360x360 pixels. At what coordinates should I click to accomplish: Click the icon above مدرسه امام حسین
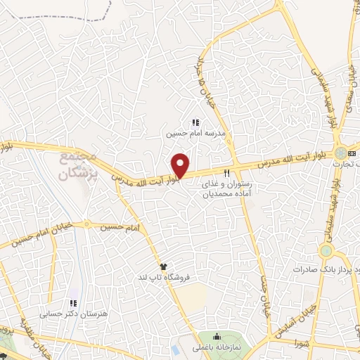coord(195,123)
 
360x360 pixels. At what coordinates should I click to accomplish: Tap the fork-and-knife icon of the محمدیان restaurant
coord(226,172)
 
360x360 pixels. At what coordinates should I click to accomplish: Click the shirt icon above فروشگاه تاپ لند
coord(164,266)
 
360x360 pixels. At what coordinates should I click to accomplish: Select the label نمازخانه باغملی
coord(217,347)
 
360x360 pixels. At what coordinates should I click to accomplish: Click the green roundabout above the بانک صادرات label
coord(326,251)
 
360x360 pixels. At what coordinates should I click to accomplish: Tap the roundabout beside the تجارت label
coord(340,153)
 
